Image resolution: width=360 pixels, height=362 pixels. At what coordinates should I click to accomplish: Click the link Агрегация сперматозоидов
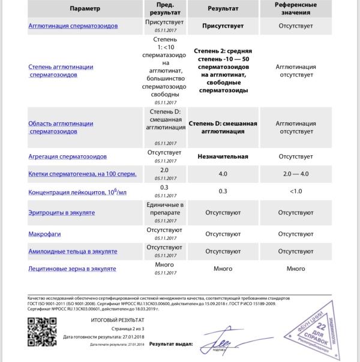(x=68, y=156)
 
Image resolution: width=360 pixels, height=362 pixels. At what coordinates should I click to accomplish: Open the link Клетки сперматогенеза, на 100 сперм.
(x=83, y=174)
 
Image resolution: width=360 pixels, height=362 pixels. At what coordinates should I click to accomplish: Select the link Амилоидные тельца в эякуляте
(x=73, y=251)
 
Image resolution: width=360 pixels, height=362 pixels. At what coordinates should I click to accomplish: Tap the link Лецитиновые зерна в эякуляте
(x=72, y=269)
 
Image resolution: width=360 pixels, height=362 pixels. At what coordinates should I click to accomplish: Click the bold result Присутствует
(x=223, y=26)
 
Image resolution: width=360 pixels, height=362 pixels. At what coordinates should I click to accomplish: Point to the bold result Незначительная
(x=223, y=157)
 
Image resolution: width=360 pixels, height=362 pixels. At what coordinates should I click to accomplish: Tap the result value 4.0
(x=223, y=174)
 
